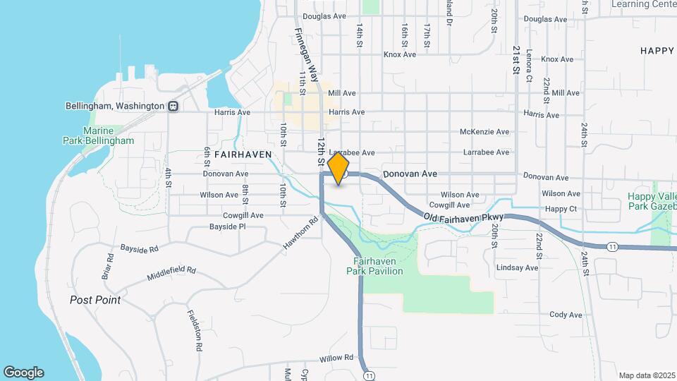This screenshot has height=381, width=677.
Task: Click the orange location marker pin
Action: coord(338,168)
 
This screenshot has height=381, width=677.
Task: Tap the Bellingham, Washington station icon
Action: coord(172,106)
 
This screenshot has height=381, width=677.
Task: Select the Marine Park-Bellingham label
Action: coord(108,135)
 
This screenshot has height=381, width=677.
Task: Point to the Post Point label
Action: coord(95,300)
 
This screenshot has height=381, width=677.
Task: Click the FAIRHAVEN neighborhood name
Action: coord(243,153)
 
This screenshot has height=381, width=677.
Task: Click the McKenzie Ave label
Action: coord(484,132)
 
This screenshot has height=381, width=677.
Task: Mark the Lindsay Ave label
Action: coord(517,268)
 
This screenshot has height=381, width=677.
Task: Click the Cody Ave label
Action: coord(566,315)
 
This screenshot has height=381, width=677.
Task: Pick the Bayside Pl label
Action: coord(227,227)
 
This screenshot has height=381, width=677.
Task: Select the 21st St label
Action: coord(516,64)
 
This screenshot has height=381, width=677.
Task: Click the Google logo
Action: coord(23,373)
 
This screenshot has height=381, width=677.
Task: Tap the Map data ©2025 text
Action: coord(646,375)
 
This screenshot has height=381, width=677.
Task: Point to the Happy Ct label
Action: coord(561,210)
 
